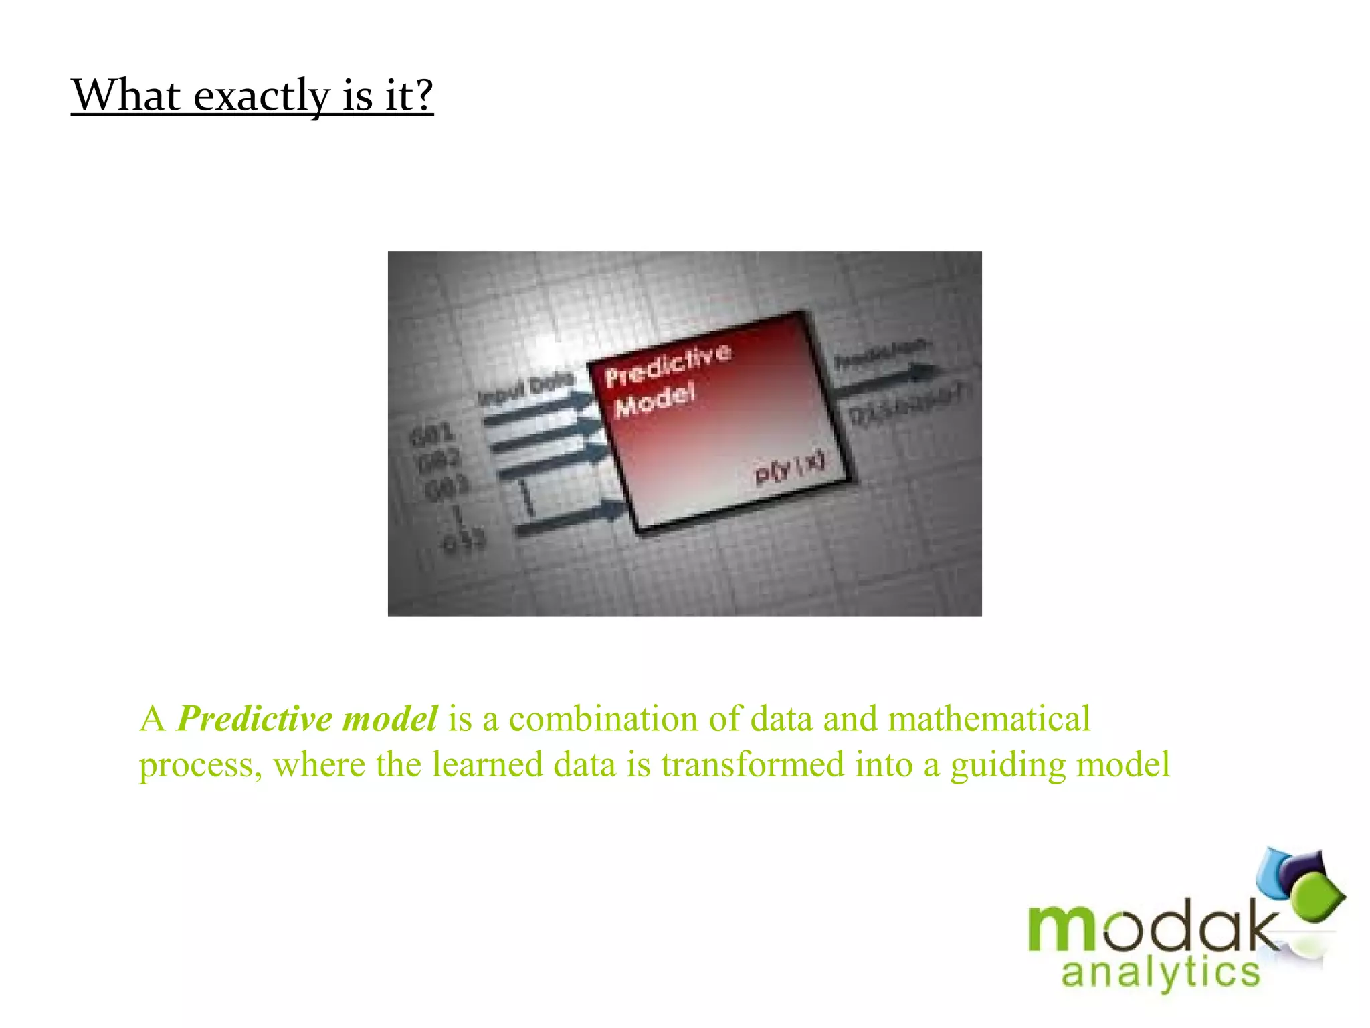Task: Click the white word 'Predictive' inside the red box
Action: pyautogui.click(x=668, y=364)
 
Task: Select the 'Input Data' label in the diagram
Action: pyautogui.click(x=526, y=388)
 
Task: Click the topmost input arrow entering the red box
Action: pyautogui.click(x=539, y=410)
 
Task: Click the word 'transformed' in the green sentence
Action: pyautogui.click(x=753, y=764)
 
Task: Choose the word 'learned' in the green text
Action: pyautogui.click(x=487, y=764)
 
